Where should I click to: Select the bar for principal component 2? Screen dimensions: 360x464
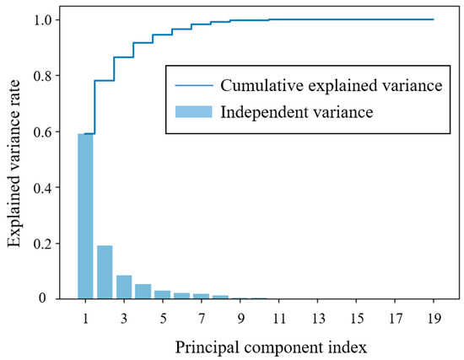pos(105,271)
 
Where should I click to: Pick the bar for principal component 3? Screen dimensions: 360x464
pos(124,287)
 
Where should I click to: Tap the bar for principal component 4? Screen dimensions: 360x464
pos(143,291)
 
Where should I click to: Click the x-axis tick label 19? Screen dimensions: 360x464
pos(433,320)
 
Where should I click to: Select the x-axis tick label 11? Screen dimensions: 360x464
pos(278,320)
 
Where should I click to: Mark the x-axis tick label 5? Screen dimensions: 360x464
pos(163,320)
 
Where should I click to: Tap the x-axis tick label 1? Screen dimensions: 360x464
pos(85,320)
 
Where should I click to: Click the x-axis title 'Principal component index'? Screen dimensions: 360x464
pos(259,346)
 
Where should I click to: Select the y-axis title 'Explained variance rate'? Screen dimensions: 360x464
pos(15,159)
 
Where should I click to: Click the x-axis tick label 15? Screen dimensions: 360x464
pos(356,320)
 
